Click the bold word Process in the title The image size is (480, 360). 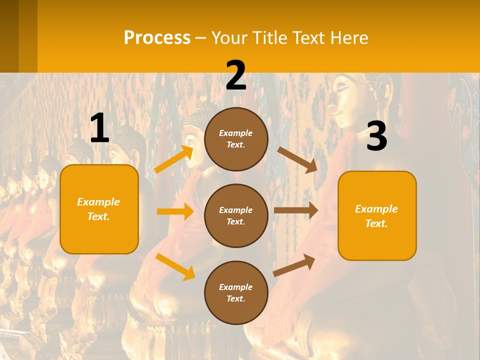pyautogui.click(x=157, y=38)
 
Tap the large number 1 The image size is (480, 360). pyautogui.click(x=99, y=128)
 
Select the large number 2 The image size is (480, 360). pyautogui.click(x=236, y=75)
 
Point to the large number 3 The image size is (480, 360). pyautogui.click(x=376, y=136)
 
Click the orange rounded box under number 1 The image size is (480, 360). pyautogui.click(x=99, y=209)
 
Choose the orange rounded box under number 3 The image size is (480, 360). pyautogui.click(x=377, y=215)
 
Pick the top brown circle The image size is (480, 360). pyautogui.click(x=236, y=139)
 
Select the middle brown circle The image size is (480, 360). pyautogui.click(x=236, y=215)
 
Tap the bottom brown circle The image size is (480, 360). pyautogui.click(x=236, y=292)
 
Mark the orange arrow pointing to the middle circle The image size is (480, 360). pyautogui.click(x=175, y=211)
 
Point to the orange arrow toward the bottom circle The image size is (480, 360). pyautogui.click(x=175, y=266)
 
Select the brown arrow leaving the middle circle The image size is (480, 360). pyautogui.click(x=296, y=210)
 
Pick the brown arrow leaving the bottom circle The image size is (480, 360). pyautogui.click(x=294, y=265)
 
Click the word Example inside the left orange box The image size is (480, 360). pyautogui.click(x=98, y=202)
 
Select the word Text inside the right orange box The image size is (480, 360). pyautogui.click(x=376, y=223)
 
